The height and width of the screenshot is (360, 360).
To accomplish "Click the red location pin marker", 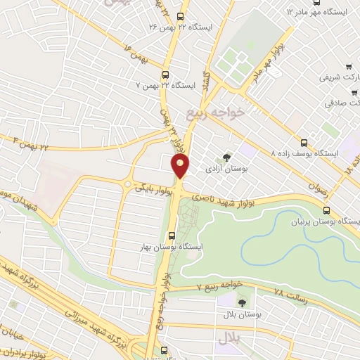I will pos(180,165).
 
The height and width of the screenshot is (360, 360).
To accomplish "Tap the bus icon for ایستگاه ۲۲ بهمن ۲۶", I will pos(181,16).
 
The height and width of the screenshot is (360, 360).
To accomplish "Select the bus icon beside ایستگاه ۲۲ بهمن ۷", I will pos(167,74).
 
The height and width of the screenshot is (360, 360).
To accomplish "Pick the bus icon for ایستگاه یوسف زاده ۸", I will pos(304,141).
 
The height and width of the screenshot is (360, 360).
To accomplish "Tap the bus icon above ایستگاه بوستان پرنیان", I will pos(325,210).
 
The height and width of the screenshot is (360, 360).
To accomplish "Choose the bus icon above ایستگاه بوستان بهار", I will pos(173,236).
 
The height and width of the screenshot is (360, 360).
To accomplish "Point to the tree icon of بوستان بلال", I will pos(242,304).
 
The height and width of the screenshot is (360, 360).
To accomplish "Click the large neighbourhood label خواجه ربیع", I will pos(215,111).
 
